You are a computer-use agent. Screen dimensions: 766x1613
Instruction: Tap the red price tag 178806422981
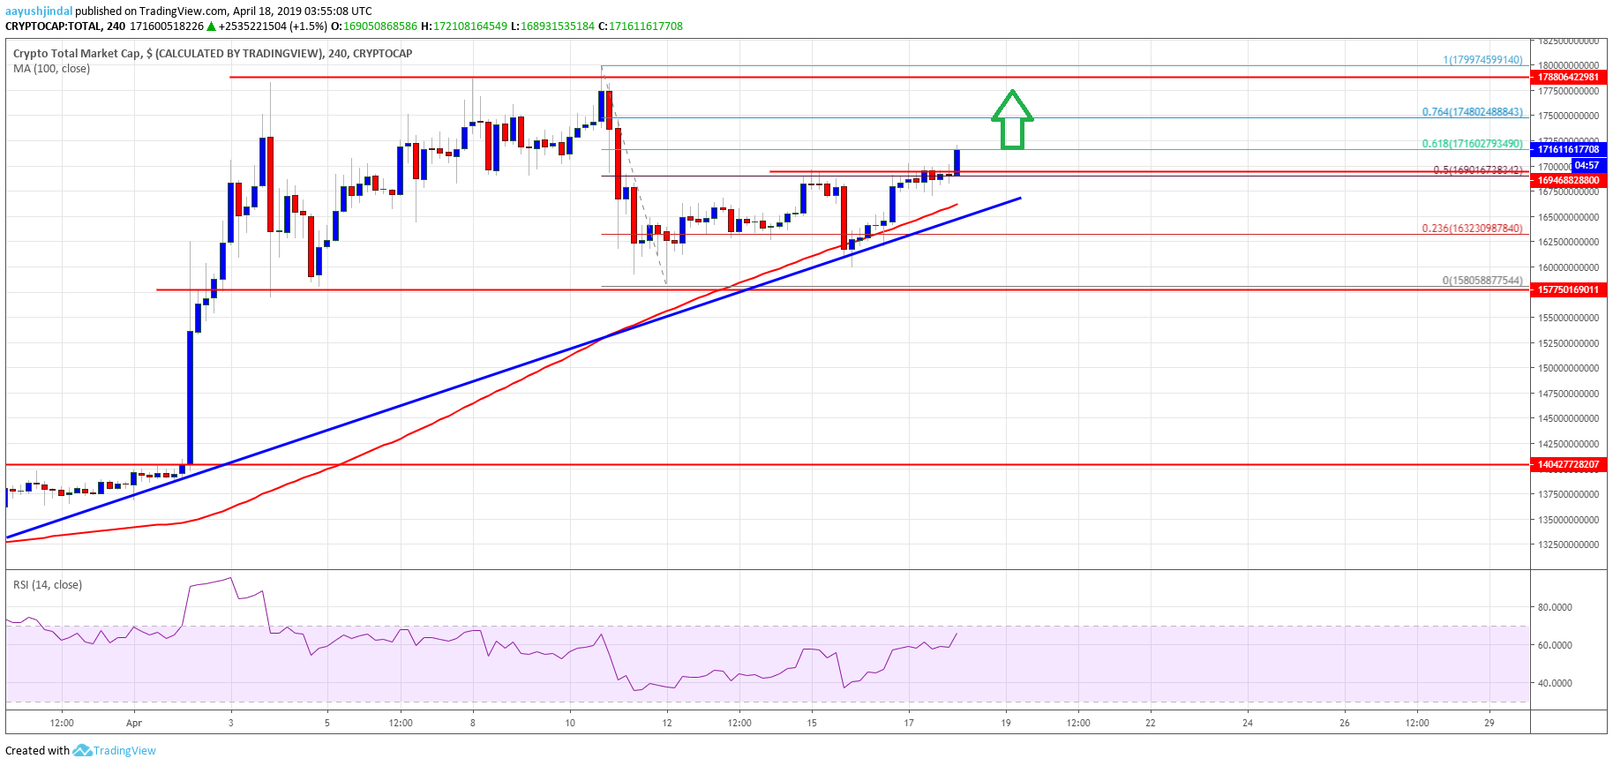click(1568, 77)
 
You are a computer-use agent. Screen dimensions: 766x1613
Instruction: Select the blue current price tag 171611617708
click(1568, 149)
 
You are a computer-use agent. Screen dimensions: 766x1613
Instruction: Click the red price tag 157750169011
click(1568, 289)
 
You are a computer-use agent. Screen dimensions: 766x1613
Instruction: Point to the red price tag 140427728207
click(1568, 464)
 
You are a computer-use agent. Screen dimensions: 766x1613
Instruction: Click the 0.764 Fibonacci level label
click(1471, 112)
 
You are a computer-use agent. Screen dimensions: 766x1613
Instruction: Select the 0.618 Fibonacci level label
click(1471, 143)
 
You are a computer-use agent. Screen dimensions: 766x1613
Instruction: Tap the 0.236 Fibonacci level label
click(1471, 228)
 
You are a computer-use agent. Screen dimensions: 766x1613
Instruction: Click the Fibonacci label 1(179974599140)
click(1482, 60)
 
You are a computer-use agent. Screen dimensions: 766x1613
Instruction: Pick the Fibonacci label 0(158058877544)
click(1482, 281)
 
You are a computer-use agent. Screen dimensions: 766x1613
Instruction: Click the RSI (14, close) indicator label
click(48, 584)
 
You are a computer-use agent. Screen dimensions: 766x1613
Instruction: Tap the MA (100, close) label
click(51, 69)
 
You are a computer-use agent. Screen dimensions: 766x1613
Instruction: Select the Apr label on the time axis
click(133, 723)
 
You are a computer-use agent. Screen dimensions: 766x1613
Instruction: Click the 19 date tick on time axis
click(1005, 723)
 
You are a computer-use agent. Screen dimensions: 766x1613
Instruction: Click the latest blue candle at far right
click(957, 162)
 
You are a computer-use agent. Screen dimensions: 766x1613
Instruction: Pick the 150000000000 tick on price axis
click(1568, 368)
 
